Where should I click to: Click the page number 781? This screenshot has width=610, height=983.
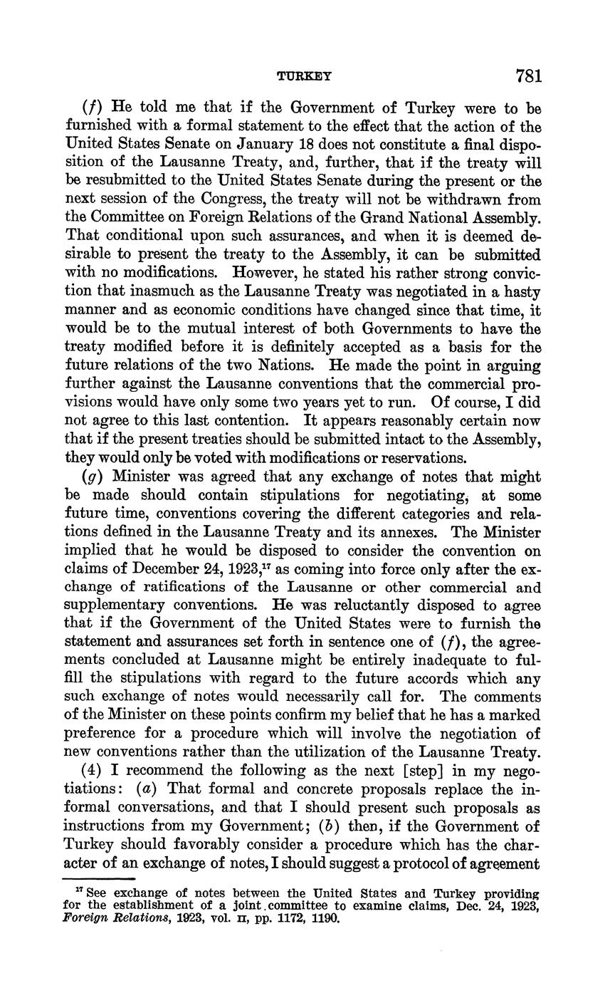point(527,76)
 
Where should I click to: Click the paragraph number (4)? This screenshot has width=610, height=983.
point(95,771)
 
